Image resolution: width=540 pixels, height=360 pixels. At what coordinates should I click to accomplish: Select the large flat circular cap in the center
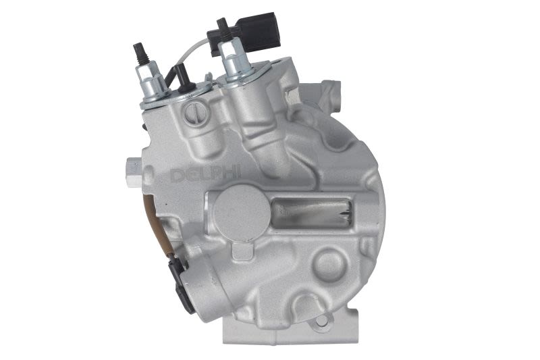(x=241, y=210)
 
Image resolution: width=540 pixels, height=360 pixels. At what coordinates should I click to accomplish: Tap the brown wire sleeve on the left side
(x=153, y=228)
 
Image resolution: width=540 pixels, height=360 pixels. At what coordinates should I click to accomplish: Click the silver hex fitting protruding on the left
(x=134, y=172)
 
